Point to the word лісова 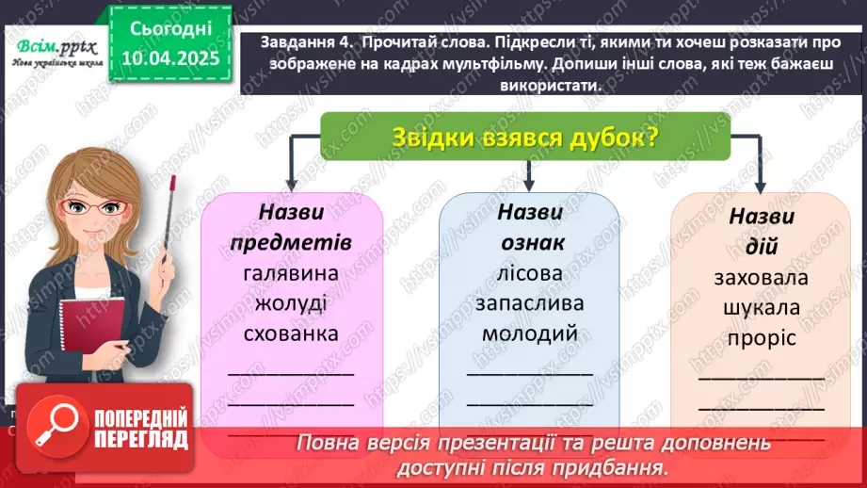(530, 272)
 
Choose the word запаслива (530, 302)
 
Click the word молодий (530, 333)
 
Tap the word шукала (763, 308)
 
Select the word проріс (763, 337)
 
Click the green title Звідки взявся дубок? (525, 137)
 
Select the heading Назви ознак (530, 227)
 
